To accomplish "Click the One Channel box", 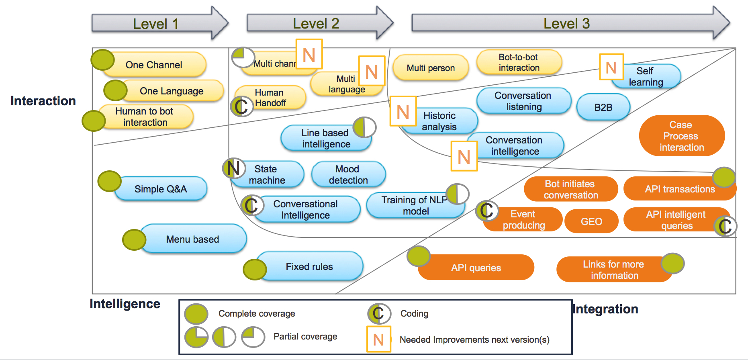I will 154,65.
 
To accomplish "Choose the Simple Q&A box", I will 161,189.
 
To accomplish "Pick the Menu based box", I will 193,239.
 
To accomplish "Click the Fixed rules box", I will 309,266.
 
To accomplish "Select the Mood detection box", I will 348,174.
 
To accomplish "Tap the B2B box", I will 603,107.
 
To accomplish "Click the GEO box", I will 591,221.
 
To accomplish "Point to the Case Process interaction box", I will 682,136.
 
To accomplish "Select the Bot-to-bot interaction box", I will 519,62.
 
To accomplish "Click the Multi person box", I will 431,68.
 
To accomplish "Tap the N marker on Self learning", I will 611,67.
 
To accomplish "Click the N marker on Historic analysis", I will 403,111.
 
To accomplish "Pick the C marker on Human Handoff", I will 241,106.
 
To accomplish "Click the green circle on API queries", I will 419,256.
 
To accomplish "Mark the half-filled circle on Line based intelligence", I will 364,127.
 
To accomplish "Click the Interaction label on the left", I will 43,100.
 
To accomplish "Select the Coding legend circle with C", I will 379,313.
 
